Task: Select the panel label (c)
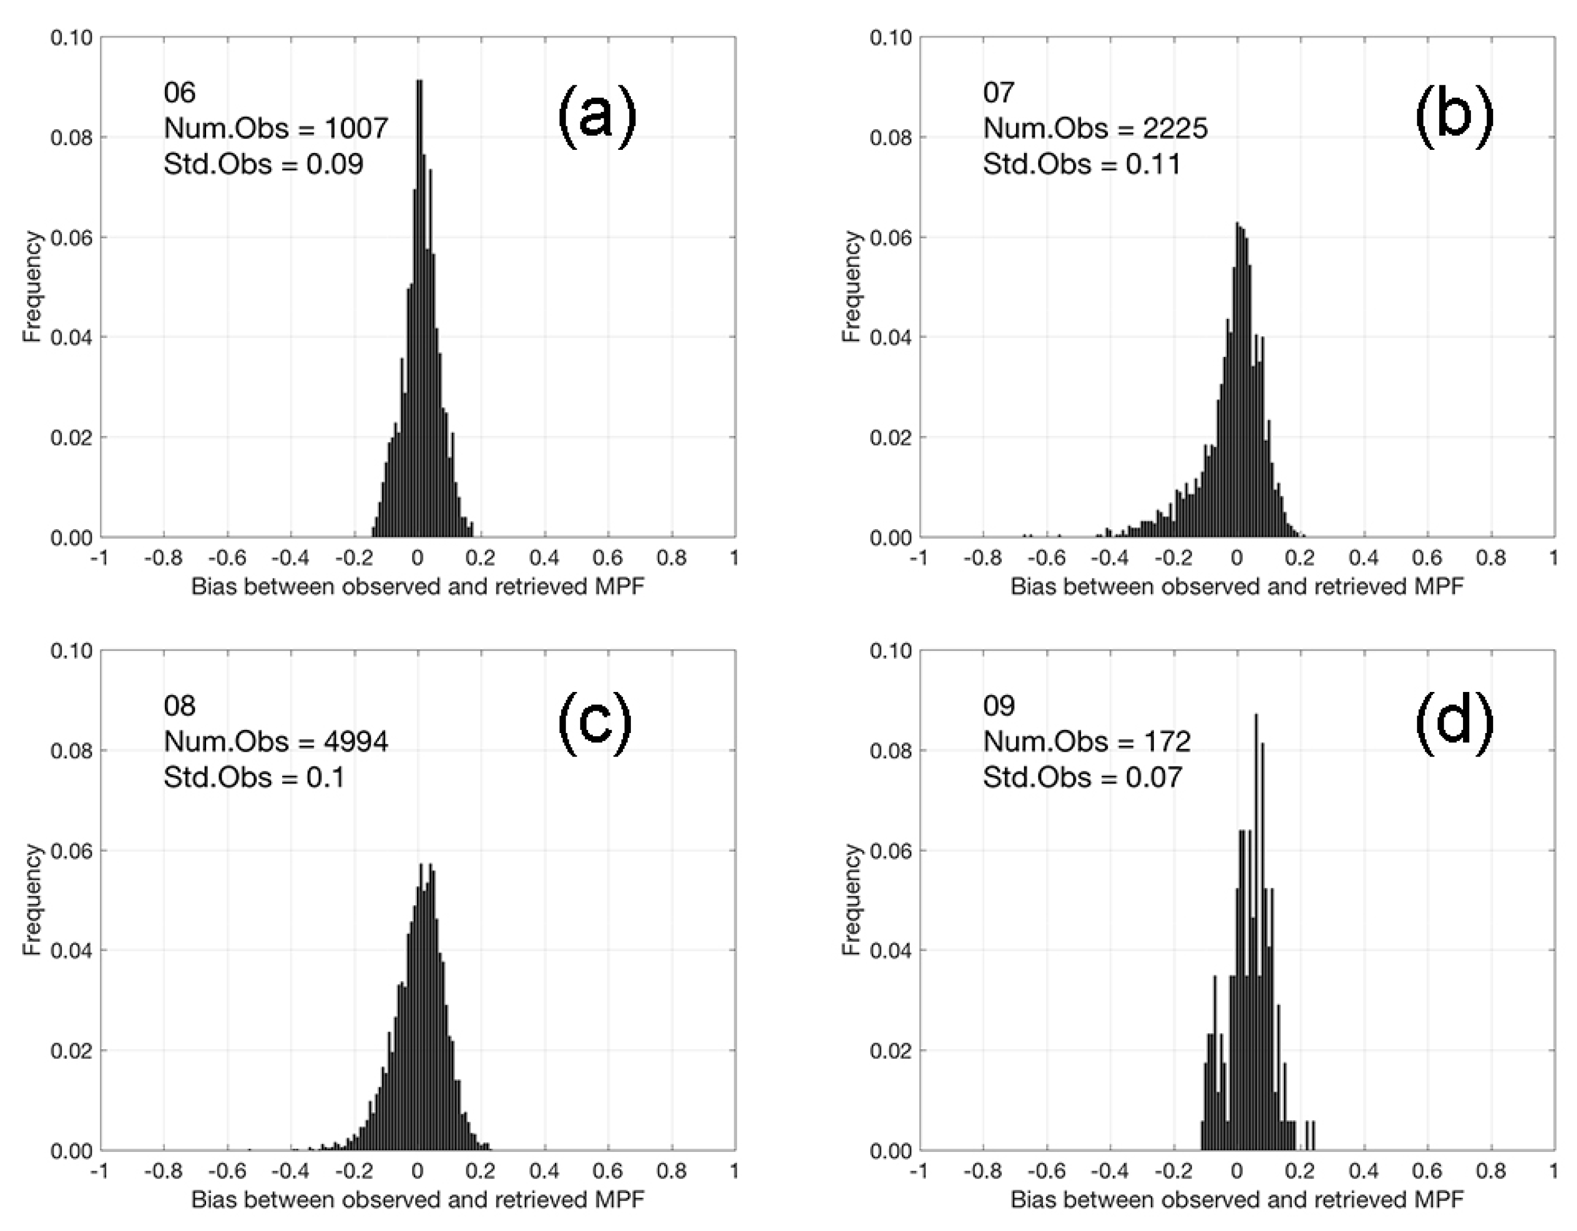pyautogui.click(x=595, y=723)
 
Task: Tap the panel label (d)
pyautogui.click(x=1453, y=723)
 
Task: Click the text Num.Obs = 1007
pyautogui.click(x=276, y=129)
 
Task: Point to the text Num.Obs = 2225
pyautogui.click(x=1095, y=129)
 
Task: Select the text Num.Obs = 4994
pyautogui.click(x=276, y=741)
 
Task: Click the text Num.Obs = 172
pyautogui.click(x=1086, y=741)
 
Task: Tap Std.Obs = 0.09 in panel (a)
pyautogui.click(x=263, y=164)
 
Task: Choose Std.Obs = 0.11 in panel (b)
pyautogui.click(x=1082, y=164)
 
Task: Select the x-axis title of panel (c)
pyautogui.click(x=417, y=1200)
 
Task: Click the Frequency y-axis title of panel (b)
pyautogui.click(x=851, y=287)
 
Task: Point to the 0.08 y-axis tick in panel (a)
pyautogui.click(x=71, y=137)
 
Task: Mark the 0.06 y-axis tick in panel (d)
pyautogui.click(x=891, y=851)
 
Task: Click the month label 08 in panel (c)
pyautogui.click(x=179, y=706)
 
